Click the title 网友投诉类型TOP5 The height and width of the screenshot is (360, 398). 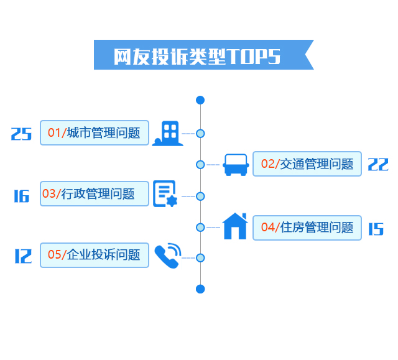[198, 56]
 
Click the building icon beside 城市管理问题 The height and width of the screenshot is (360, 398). [168, 133]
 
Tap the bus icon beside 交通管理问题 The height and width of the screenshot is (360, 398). [236, 164]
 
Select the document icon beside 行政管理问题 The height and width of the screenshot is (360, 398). [165, 194]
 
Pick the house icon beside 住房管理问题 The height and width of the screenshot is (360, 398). [235, 226]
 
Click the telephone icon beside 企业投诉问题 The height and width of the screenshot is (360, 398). [167, 256]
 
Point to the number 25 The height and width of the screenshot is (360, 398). [21, 134]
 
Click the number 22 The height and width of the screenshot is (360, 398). [378, 164]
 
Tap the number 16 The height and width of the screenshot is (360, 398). [21, 196]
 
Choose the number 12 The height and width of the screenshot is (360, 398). [22, 256]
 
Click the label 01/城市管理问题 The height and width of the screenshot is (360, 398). [95, 132]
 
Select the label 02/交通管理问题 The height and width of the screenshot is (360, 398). [307, 164]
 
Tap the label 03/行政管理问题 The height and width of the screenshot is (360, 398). [95, 194]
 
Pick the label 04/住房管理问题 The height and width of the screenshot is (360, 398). [307, 228]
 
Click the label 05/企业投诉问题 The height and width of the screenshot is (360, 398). [95, 255]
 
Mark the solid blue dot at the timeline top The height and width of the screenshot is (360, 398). [200, 100]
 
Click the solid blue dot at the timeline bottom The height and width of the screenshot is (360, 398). [200, 288]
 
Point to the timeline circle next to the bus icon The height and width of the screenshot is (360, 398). [200, 164]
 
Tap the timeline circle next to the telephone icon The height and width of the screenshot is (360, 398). [200, 257]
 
